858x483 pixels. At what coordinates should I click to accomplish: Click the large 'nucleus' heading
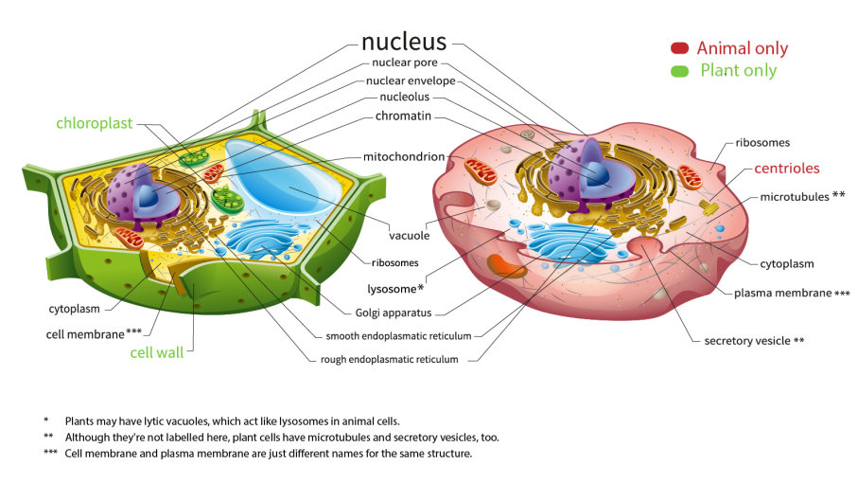404,42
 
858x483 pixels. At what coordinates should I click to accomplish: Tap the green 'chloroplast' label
94,123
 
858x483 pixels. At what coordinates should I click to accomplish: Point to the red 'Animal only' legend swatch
680,48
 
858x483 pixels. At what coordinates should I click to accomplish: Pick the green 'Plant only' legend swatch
680,71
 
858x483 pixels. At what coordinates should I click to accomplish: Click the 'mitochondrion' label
405,156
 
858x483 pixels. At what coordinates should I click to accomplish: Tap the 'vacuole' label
410,235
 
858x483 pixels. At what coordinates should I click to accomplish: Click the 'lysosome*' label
394,287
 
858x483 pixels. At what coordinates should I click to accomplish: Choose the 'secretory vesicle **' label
754,340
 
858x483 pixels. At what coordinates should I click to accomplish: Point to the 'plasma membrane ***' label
792,293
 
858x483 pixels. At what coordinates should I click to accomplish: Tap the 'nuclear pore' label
405,63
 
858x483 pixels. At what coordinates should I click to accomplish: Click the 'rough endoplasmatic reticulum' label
389,359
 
